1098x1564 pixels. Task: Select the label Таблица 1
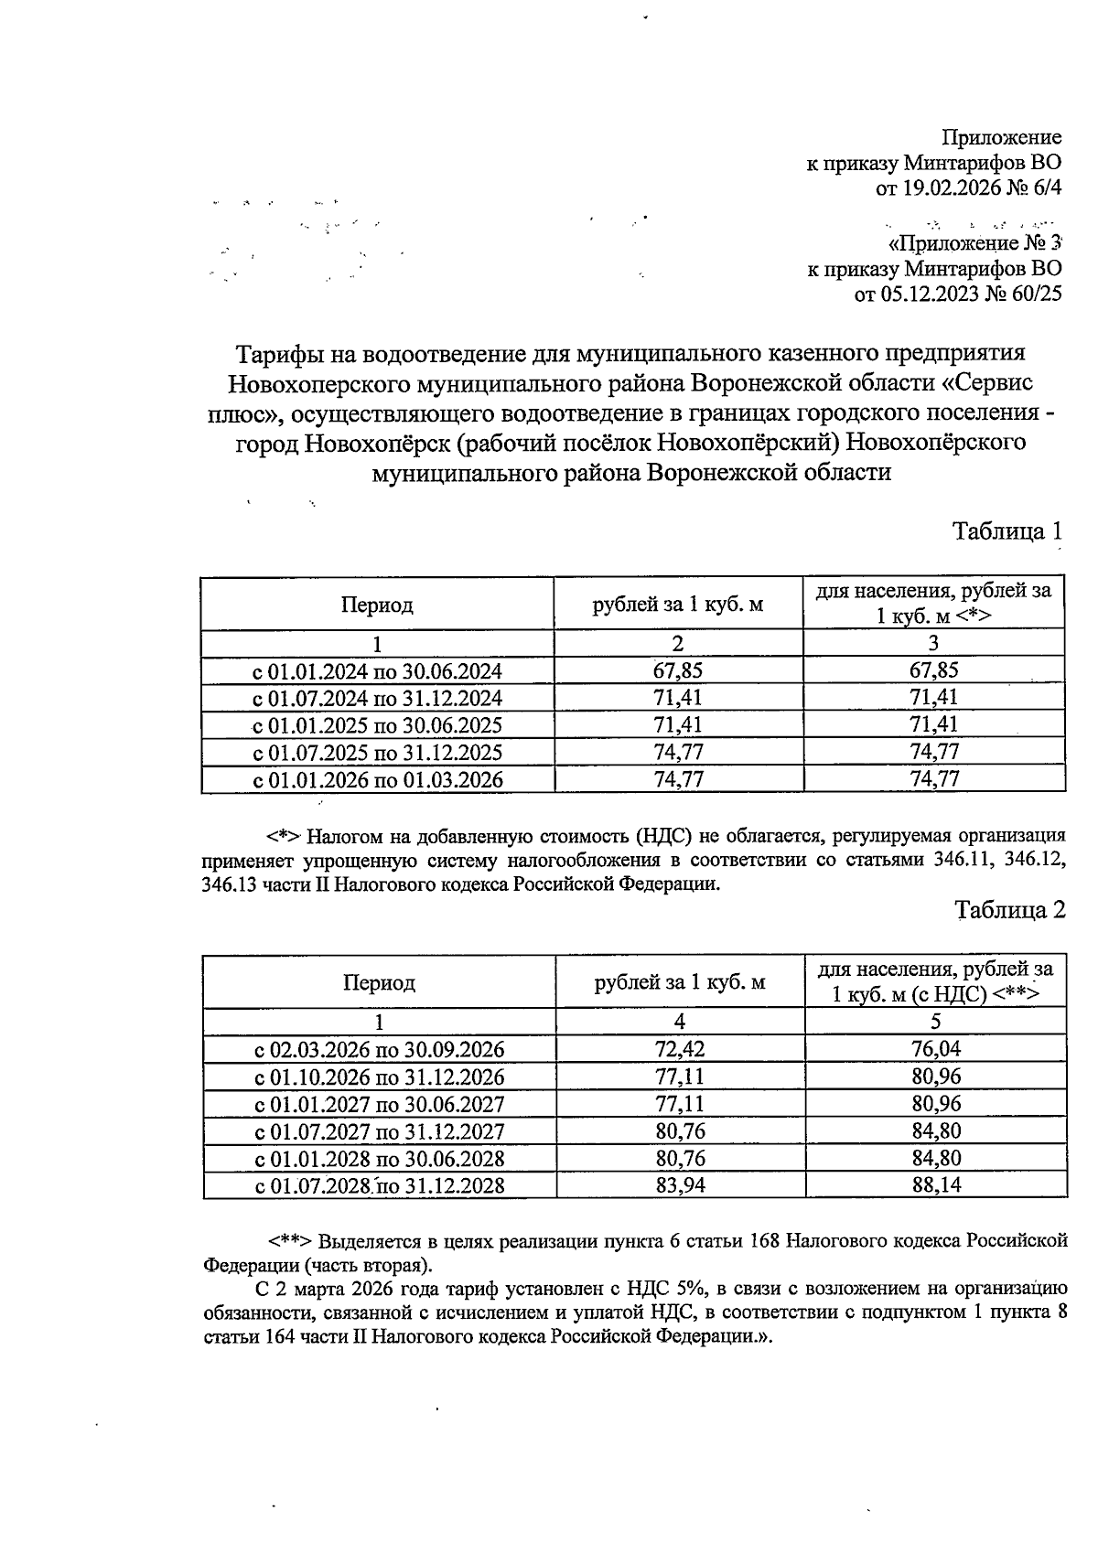(x=1008, y=530)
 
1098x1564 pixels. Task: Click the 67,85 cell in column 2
(x=678, y=670)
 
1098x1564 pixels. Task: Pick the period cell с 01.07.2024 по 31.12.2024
(x=377, y=699)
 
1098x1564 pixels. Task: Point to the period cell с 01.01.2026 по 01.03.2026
(x=377, y=780)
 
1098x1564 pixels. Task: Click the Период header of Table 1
(x=377, y=605)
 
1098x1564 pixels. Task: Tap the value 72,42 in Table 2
(x=680, y=1049)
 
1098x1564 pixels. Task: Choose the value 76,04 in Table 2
(x=936, y=1049)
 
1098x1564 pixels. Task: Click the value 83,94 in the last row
(x=680, y=1186)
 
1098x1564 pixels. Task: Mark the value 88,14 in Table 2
(x=936, y=1186)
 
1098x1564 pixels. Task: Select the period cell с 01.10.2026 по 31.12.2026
(x=379, y=1077)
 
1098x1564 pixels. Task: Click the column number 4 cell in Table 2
(x=680, y=1022)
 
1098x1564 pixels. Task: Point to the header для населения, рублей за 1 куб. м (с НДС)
(x=936, y=981)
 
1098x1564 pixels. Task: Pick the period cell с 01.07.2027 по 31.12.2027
(x=379, y=1131)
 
